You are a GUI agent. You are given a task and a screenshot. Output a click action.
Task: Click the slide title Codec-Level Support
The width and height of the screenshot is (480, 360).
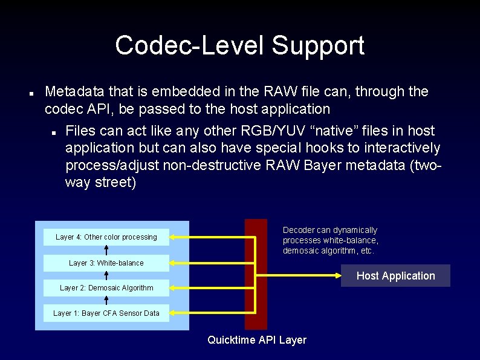pos(239,45)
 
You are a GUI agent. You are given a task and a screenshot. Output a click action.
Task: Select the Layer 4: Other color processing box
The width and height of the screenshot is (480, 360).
pos(106,237)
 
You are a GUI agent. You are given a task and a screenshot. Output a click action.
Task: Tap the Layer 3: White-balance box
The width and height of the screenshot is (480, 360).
pos(106,263)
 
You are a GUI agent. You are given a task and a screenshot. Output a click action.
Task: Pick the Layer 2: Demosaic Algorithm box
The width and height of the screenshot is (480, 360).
pos(106,288)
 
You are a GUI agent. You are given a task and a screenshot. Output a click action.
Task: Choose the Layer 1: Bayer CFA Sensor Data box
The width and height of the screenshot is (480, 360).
pos(106,313)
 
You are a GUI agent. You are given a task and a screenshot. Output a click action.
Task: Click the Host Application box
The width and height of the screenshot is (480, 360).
pos(395,276)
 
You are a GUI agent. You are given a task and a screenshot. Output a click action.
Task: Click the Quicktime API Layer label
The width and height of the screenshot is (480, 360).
pos(256,340)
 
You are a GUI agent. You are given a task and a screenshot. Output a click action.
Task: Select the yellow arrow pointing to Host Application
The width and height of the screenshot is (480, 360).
pos(302,276)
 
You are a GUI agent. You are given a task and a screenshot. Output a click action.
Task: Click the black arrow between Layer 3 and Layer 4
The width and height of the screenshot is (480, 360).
pos(106,250)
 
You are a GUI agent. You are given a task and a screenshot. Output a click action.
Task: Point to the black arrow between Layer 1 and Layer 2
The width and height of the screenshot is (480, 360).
pos(106,300)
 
